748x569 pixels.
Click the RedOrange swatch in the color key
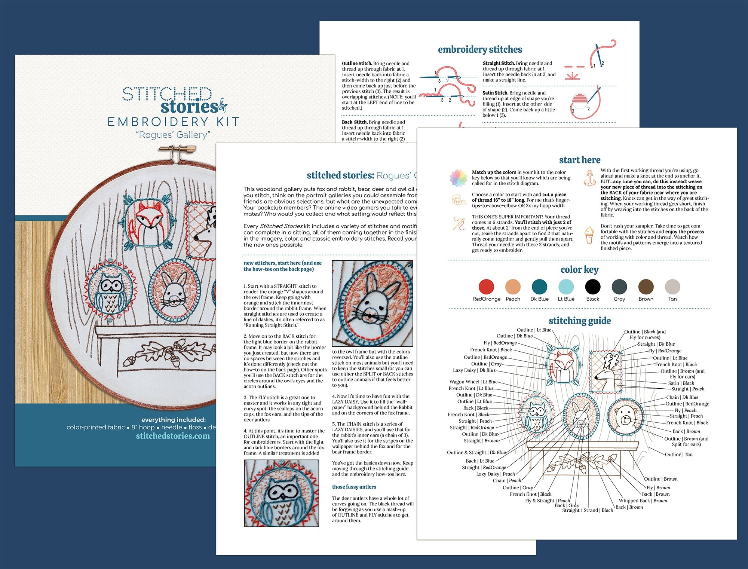click(486, 287)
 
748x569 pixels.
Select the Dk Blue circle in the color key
click(539, 287)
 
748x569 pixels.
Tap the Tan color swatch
click(672, 287)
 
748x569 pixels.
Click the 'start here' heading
click(579, 160)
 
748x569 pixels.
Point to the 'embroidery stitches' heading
click(480, 50)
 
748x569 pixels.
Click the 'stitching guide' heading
click(579, 321)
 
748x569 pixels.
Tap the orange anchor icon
click(590, 178)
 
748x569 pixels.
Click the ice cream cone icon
click(589, 235)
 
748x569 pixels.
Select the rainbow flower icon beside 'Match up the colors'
click(459, 178)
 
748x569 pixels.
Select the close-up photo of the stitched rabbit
click(373, 303)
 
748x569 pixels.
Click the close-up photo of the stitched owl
click(282, 493)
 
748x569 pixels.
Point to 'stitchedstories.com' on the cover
click(173, 436)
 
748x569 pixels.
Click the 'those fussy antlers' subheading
click(354, 487)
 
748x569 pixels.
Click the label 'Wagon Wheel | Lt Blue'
click(473, 382)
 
